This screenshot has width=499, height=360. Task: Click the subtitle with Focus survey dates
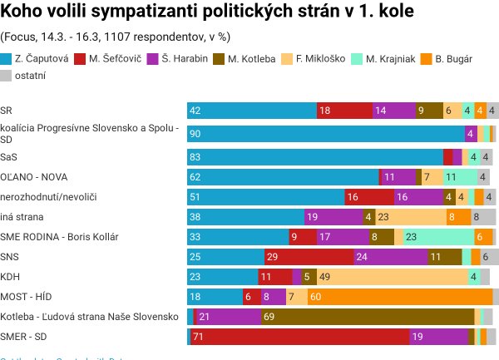[x=116, y=37]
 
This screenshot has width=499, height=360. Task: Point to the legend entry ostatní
[x=24, y=75]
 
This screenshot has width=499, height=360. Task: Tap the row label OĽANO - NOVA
[x=34, y=176]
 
